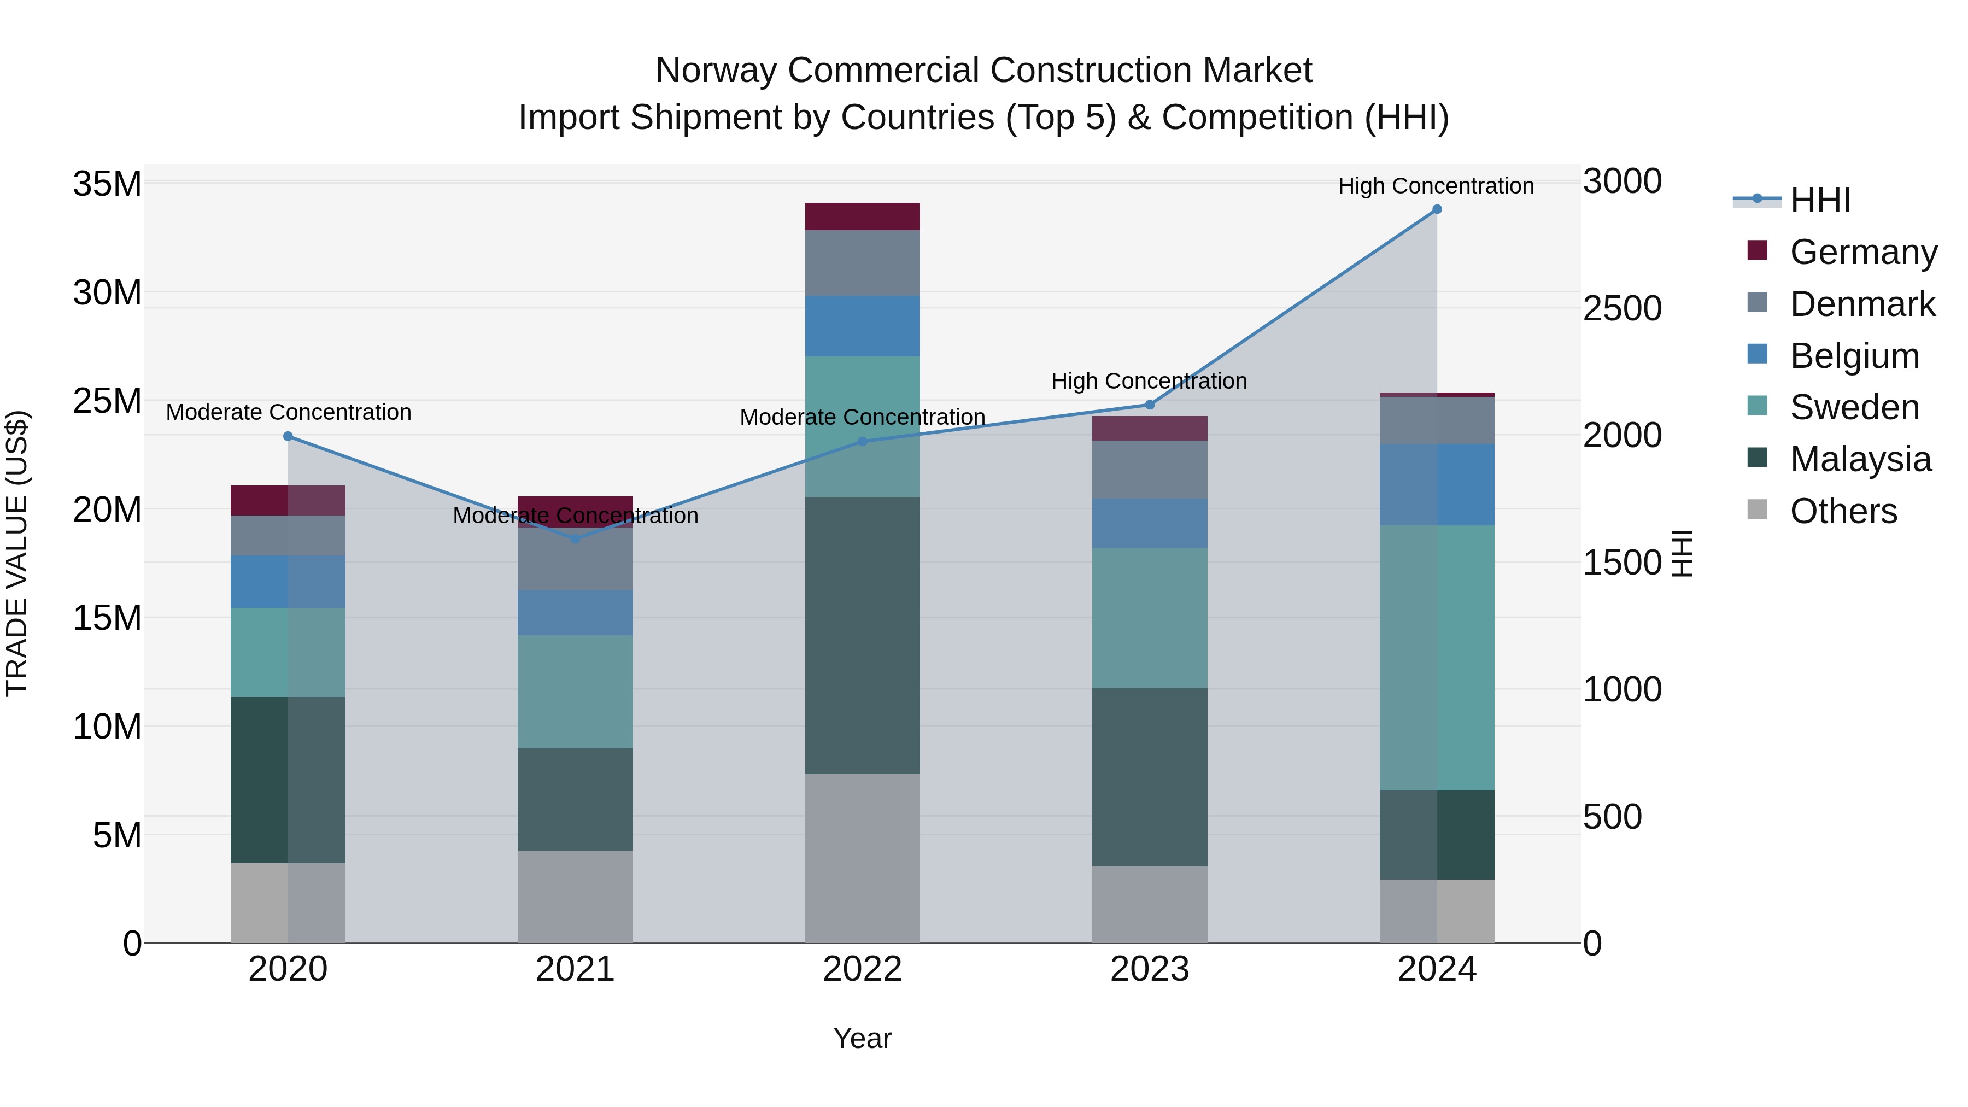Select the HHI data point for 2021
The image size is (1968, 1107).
[x=575, y=538]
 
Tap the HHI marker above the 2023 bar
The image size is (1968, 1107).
[x=1149, y=405]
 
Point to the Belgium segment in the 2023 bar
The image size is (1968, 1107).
[x=1149, y=523]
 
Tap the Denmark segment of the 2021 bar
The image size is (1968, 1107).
[x=575, y=559]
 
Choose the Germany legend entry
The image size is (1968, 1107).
[x=1862, y=252]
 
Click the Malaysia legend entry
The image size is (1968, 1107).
[x=1860, y=459]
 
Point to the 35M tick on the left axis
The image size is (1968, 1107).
[x=107, y=184]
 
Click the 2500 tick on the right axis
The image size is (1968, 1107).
[x=1622, y=309]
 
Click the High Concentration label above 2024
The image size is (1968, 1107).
[x=1436, y=186]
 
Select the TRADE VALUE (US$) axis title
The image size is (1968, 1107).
[x=17, y=553]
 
